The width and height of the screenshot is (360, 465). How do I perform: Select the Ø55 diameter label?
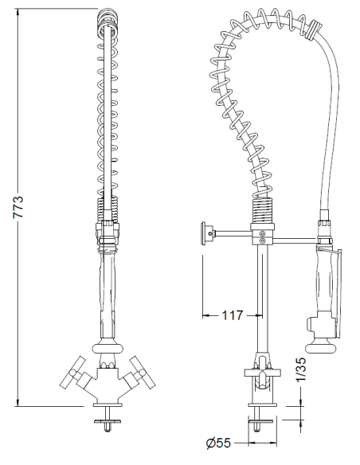pos(217,444)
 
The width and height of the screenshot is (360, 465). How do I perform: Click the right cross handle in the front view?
pos(144,372)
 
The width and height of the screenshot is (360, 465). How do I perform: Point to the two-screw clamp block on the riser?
pos(260,234)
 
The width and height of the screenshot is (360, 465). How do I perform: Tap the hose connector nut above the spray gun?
pos(324,225)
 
